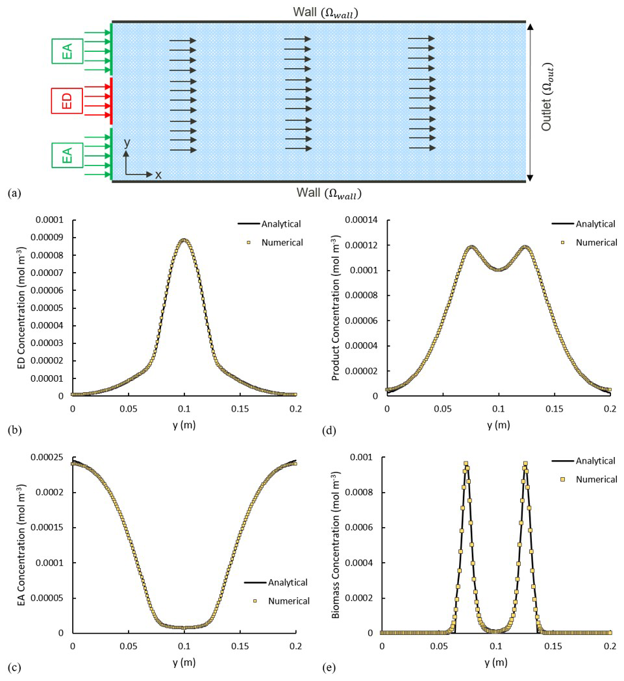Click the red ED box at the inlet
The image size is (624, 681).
coord(67,101)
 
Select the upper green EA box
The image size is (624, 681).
coord(67,51)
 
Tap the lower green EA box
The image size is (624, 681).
coord(67,156)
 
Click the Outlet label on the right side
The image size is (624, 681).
coord(547,102)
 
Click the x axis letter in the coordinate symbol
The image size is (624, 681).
coord(158,175)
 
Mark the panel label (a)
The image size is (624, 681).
coord(13,193)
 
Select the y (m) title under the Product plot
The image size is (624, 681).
coord(497,425)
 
